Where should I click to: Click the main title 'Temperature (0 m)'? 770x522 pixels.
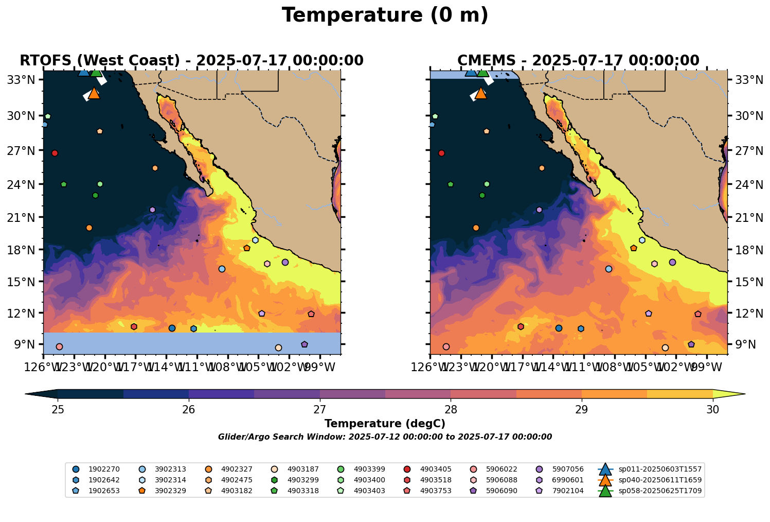385,15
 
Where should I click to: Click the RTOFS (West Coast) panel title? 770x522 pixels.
191,61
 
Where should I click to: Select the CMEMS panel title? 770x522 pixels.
578,61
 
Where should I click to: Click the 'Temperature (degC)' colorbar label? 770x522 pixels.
385,424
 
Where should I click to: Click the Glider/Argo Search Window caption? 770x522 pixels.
385,437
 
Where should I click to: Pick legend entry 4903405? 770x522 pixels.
436,469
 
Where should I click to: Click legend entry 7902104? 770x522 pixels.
568,491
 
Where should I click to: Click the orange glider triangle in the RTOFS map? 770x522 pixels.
94,94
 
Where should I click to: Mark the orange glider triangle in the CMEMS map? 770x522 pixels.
481,94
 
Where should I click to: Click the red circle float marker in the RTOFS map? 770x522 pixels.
55,153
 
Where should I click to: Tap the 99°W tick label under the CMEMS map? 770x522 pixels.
708,368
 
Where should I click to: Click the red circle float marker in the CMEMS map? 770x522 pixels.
441,153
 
